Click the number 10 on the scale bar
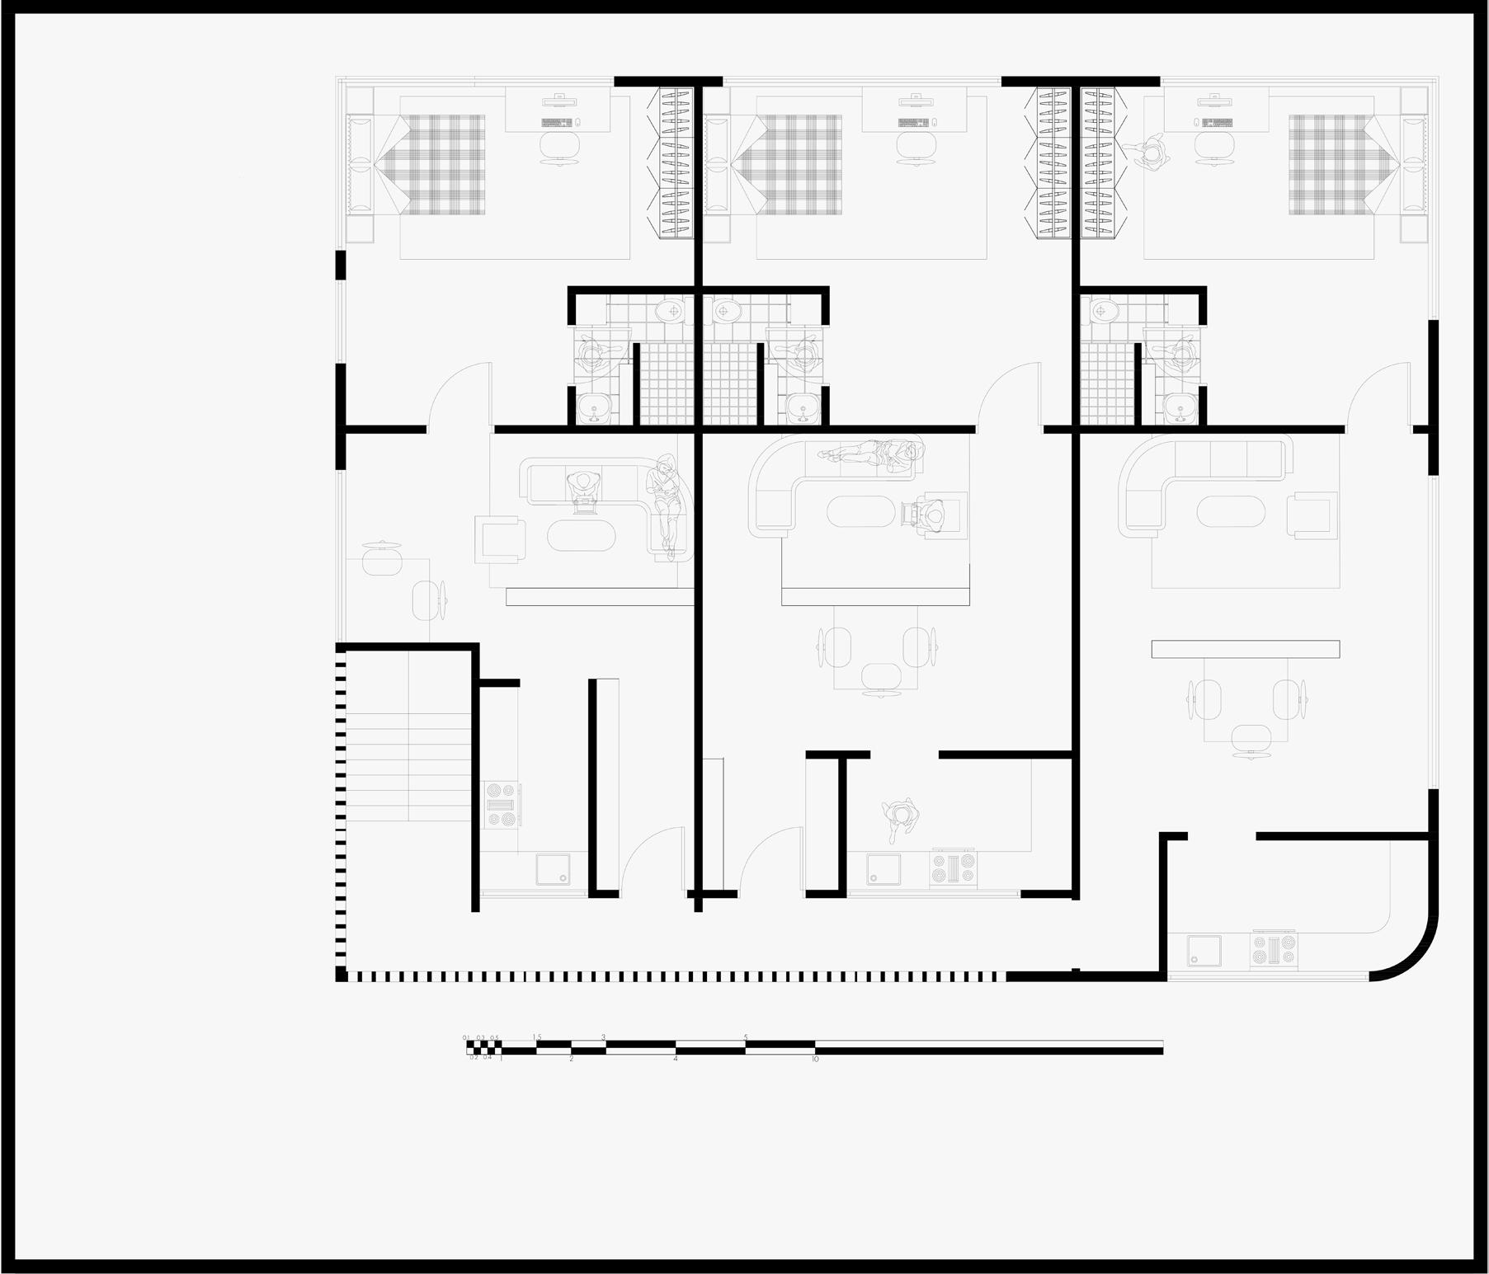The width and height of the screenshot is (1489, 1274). click(815, 1059)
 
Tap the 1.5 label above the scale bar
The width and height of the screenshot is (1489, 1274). click(537, 1037)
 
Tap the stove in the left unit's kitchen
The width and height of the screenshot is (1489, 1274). click(502, 804)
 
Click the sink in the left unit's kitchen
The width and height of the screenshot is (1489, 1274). click(552, 869)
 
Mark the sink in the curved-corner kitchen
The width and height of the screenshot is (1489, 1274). click(1204, 950)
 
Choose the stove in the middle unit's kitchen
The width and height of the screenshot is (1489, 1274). click(953, 868)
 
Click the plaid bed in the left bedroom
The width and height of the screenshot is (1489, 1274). click(445, 164)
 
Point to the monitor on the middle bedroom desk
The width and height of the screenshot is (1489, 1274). click(915, 101)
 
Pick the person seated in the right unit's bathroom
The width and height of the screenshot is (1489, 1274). click(1177, 352)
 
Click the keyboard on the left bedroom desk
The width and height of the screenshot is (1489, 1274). click(557, 123)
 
